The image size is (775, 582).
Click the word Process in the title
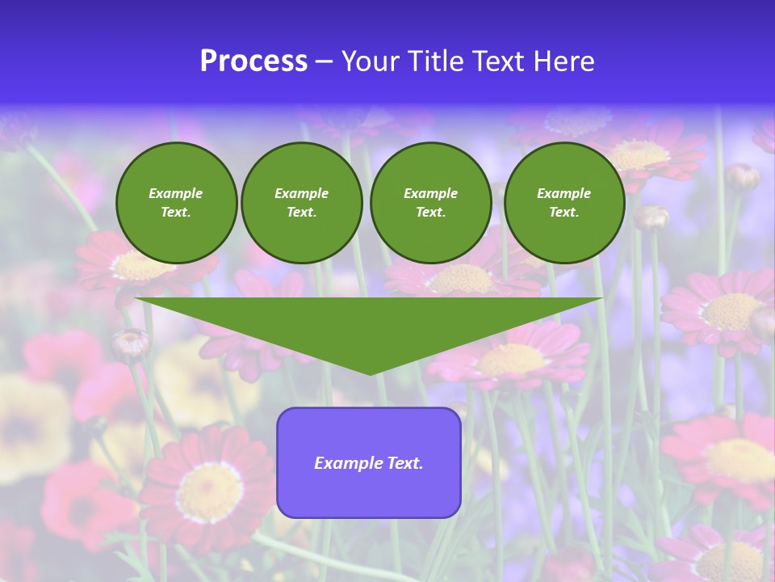click(253, 61)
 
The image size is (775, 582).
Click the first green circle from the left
click(176, 203)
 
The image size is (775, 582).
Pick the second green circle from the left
click(302, 203)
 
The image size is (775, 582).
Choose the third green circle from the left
click(430, 203)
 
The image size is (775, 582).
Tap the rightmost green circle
click(563, 203)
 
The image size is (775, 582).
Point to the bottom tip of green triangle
click(370, 373)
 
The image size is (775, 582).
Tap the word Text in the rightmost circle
click(563, 213)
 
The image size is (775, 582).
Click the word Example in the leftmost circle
click(176, 193)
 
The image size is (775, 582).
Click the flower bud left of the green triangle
click(129, 344)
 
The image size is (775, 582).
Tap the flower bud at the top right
click(743, 176)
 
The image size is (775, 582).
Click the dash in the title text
click(324, 62)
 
